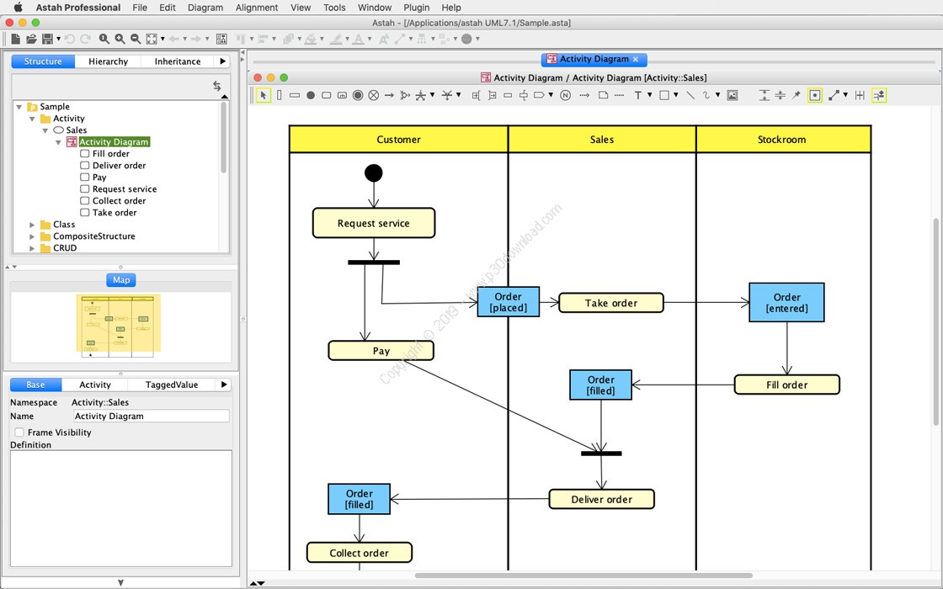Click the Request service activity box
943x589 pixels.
[374, 223]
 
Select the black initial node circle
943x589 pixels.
[374, 173]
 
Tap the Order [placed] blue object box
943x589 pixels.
[509, 302]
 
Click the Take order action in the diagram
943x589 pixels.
[611, 303]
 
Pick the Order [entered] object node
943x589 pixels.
[786, 302]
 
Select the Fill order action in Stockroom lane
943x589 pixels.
[786, 385]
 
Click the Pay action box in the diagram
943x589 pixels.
[381, 351]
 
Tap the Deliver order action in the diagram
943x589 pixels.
[601, 499]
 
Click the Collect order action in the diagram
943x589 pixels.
[359, 552]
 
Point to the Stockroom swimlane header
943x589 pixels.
[783, 140]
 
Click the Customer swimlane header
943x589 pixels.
[399, 140]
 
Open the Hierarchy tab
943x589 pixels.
[109, 61]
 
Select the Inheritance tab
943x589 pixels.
[178, 61]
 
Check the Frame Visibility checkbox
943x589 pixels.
[19, 432]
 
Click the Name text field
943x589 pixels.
[151, 416]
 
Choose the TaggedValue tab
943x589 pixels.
[172, 385]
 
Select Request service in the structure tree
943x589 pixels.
[125, 188]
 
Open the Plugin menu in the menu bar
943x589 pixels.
[416, 8]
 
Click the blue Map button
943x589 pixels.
[121, 280]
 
